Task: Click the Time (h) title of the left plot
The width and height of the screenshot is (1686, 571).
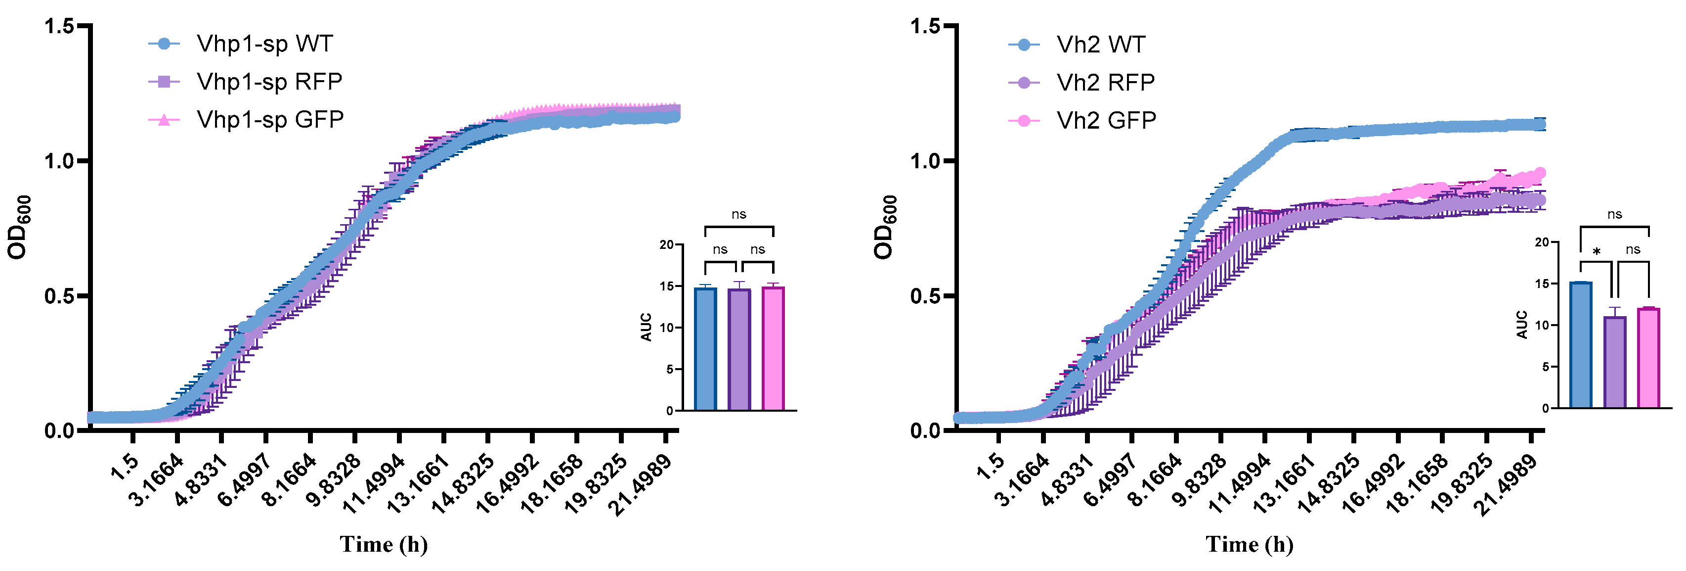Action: [x=384, y=544]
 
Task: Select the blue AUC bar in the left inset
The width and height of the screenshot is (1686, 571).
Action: [x=705, y=349]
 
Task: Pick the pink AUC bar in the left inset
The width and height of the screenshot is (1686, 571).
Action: [x=773, y=348]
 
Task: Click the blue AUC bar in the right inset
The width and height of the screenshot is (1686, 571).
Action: [x=1581, y=345]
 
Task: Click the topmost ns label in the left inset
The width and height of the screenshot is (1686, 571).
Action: [x=739, y=214]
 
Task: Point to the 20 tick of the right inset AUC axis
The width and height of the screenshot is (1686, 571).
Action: [x=1542, y=242]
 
